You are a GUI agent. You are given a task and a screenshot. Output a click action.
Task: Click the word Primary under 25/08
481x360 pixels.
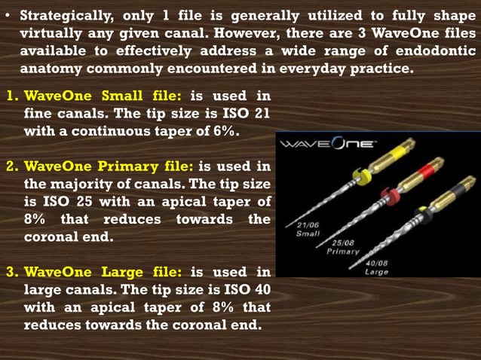coord(342,252)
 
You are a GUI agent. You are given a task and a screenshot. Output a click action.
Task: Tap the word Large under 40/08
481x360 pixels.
coord(377,272)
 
